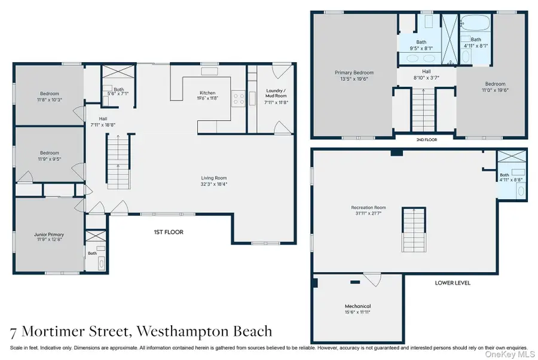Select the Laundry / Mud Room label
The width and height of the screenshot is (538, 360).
click(276, 93)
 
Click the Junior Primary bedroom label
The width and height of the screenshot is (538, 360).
click(49, 235)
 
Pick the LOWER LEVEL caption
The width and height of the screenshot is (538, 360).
click(453, 283)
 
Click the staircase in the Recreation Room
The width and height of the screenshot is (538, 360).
click(411, 230)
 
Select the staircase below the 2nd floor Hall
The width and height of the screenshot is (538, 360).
click(423, 110)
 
